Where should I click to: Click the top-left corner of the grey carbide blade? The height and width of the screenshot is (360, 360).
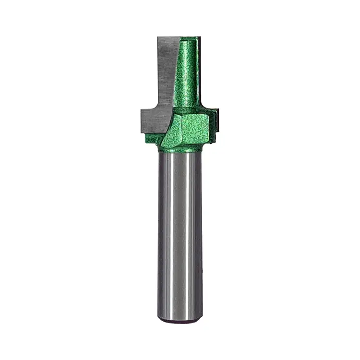tap(158, 38)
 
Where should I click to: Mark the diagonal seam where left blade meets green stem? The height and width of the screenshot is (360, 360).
tap(175, 72)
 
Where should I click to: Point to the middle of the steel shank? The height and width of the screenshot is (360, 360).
tap(180, 235)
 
